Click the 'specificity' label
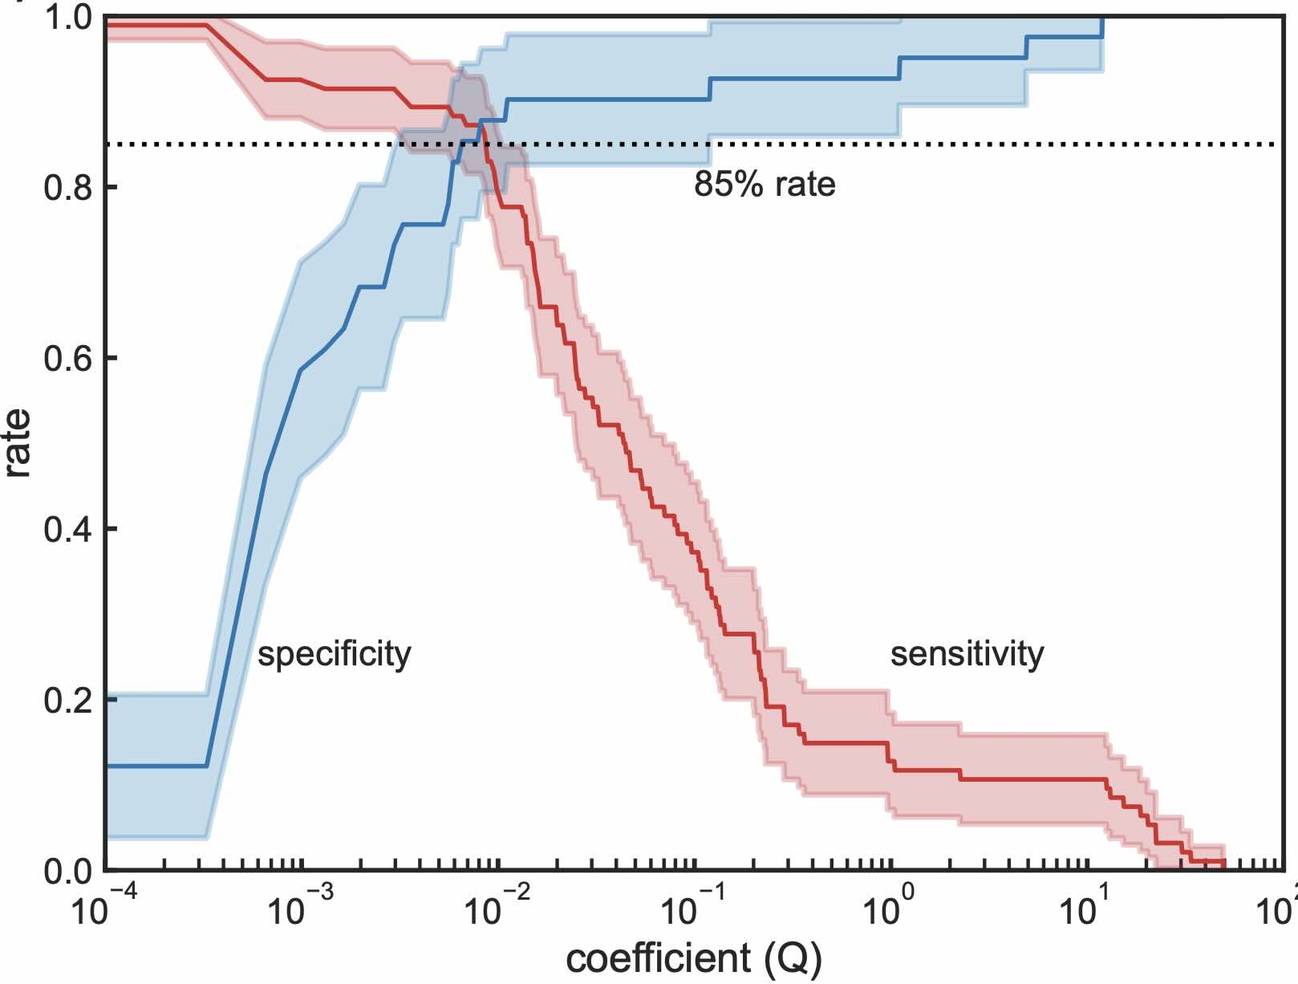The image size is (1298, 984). [334, 655]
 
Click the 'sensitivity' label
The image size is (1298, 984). [967, 654]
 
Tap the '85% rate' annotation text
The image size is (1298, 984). [764, 185]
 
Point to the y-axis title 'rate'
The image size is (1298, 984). [18, 443]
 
